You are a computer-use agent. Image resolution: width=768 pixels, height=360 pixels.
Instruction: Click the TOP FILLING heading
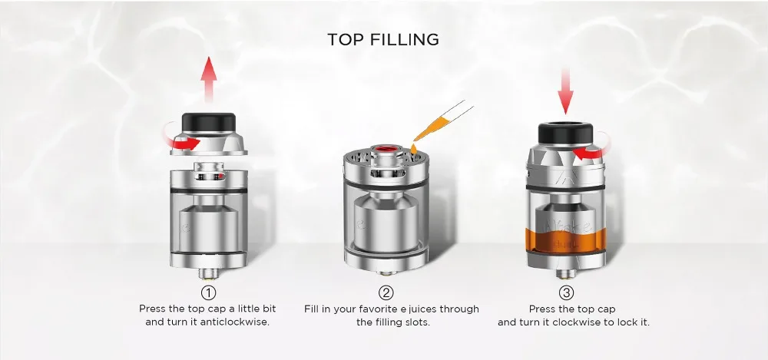coord(383,40)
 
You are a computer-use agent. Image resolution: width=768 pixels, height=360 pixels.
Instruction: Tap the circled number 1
coord(209,293)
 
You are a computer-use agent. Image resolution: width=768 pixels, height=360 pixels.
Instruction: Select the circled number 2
coord(386,293)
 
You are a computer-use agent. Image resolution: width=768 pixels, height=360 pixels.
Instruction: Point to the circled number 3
coord(566,293)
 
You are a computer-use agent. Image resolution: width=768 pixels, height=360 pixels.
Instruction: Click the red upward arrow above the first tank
coord(209,80)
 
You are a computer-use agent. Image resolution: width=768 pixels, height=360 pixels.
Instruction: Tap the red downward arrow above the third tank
coord(565,91)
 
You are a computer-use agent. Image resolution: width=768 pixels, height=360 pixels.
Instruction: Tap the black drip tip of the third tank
coord(565,133)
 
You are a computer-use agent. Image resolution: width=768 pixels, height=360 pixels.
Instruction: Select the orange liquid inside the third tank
coord(566,241)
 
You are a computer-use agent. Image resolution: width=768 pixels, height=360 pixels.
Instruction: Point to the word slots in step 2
coord(415,323)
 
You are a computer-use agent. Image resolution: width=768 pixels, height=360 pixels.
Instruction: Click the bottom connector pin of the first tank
coord(209,272)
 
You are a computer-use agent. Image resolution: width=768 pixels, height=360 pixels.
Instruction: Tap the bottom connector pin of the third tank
coord(566,273)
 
